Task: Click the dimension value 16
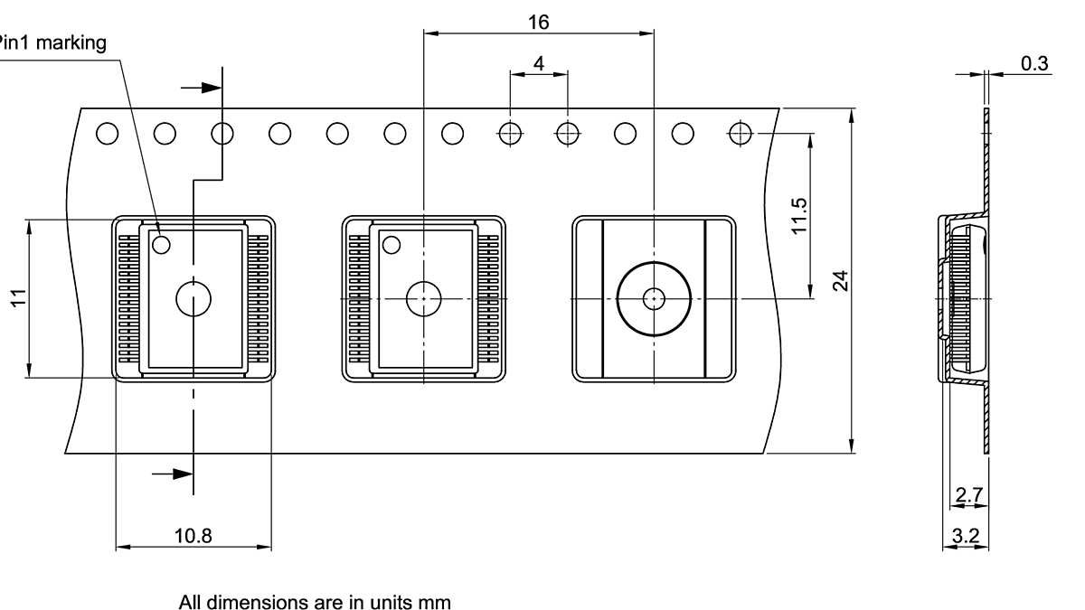(538, 22)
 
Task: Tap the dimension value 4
(539, 63)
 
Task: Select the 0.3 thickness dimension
(1034, 63)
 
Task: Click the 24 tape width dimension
(841, 280)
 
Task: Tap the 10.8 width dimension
(193, 536)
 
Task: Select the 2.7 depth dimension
(967, 494)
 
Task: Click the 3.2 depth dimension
(966, 536)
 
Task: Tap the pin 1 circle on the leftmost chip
(162, 244)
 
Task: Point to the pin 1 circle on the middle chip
(392, 244)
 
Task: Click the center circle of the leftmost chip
(193, 298)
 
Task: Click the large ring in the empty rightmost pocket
(653, 298)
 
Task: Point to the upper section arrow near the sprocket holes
(203, 88)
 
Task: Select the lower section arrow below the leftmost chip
(173, 473)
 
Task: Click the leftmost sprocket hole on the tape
(107, 134)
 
